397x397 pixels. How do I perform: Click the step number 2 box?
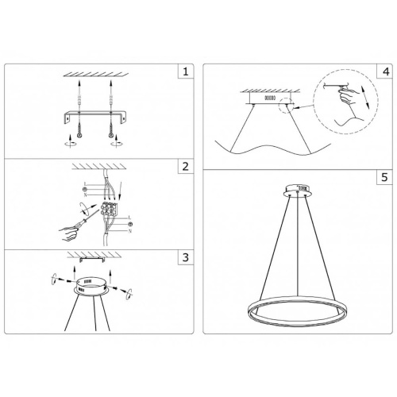click(x=184, y=167)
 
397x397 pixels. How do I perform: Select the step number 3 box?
click(x=184, y=258)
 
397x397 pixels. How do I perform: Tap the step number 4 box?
click(x=385, y=71)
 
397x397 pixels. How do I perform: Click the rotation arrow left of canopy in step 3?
click(x=54, y=282)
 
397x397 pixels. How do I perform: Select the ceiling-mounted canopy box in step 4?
click(x=268, y=98)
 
